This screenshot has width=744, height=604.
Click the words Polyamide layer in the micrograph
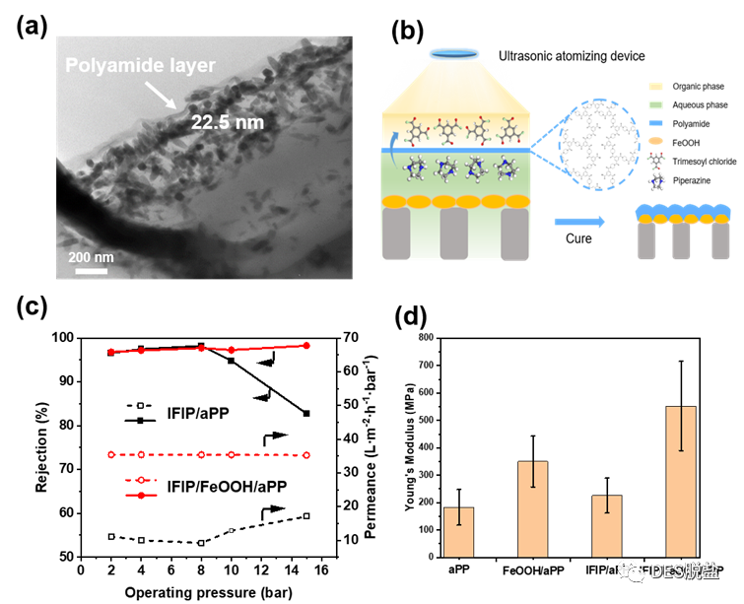[x=140, y=66]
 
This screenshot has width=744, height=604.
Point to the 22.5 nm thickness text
[x=228, y=122]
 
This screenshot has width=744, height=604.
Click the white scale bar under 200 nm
[x=91, y=270]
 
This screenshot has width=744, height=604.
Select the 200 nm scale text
[x=92, y=257]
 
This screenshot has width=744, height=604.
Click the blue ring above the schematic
[x=454, y=52]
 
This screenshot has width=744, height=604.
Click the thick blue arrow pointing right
[x=579, y=222]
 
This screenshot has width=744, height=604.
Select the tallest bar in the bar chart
[x=681, y=482]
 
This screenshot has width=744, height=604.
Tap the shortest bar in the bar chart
[x=459, y=532]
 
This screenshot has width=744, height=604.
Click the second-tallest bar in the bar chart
[x=533, y=508]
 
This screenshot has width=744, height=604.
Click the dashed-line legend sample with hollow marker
[x=141, y=480]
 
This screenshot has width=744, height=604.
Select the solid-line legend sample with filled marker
[x=141, y=495]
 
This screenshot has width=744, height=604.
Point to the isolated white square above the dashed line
[x=141, y=405]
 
